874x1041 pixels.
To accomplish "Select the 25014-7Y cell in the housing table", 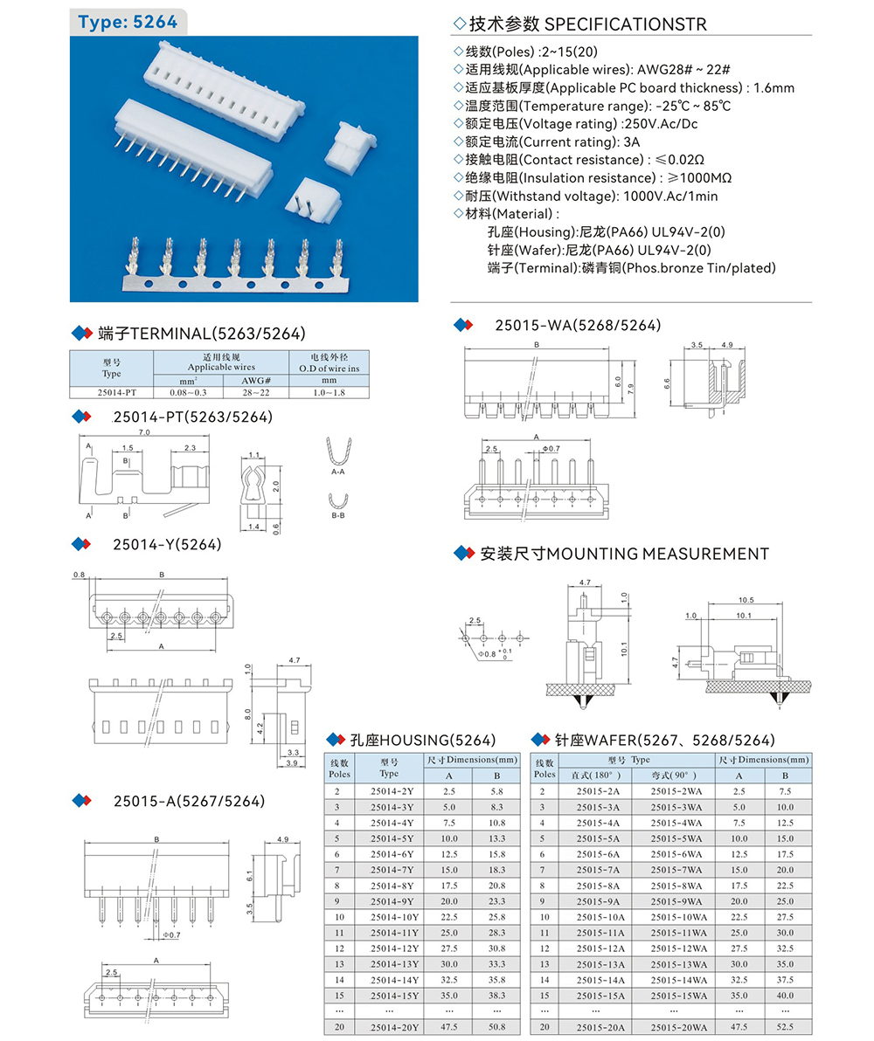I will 391,870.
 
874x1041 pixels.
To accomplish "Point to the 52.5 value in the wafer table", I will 785,1027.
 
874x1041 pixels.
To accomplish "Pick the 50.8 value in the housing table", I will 496,1027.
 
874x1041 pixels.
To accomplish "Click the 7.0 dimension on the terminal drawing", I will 144,432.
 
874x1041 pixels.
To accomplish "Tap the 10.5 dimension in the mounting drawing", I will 746,600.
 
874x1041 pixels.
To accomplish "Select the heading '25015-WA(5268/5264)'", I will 578,326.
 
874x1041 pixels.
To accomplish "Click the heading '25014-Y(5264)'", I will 166,545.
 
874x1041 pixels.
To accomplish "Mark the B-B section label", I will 338,517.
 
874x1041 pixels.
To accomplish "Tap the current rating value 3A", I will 628,141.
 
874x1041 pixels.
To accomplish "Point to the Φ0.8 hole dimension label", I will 486,653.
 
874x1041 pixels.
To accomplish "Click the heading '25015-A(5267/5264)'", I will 188,801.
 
